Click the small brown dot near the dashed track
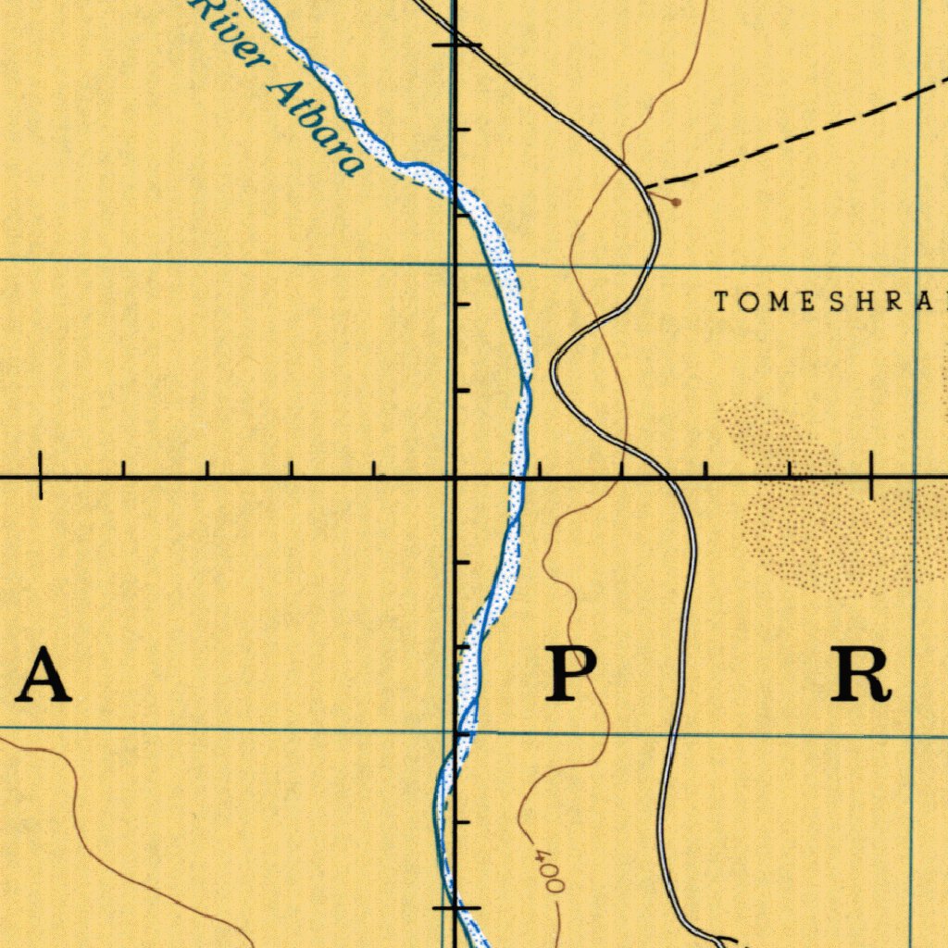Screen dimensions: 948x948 tap(677, 201)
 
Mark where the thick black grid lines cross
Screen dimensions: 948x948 tap(455, 477)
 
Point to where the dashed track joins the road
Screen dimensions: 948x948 tap(646, 188)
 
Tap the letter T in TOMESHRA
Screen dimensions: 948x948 tap(722, 301)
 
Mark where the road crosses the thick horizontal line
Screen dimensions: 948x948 tap(666, 476)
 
